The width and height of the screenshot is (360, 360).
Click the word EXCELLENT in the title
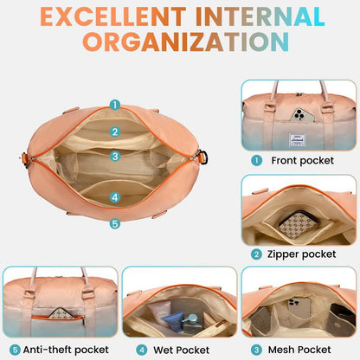tap(113, 16)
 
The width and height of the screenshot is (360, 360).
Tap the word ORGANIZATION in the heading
tap(186, 42)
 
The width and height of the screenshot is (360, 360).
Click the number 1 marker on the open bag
tap(115, 105)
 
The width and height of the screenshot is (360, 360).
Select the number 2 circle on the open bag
tap(115, 132)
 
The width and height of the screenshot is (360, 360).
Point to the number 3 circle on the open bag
tap(115, 156)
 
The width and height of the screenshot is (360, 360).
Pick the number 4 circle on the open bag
tap(115, 197)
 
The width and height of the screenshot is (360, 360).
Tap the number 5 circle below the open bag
tap(115, 223)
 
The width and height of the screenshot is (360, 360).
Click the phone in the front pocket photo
tap(302, 115)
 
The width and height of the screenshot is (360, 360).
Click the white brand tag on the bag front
tap(297, 139)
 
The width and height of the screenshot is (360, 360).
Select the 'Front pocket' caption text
tap(302, 160)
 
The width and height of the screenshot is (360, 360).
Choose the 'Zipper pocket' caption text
tap(301, 254)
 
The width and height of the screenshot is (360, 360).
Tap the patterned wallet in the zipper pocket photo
tap(299, 225)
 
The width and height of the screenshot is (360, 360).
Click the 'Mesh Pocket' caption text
tap(299, 350)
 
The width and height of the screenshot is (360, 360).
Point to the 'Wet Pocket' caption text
tap(181, 350)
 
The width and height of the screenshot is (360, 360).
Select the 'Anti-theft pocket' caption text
tap(66, 350)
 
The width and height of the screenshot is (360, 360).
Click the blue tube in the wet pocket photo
tap(173, 321)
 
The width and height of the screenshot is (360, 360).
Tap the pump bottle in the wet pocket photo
tap(191, 323)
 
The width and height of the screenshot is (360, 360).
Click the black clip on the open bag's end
tap(203, 157)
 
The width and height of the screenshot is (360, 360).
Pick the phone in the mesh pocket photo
tap(299, 308)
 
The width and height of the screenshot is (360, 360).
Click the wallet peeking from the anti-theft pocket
tap(61, 313)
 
